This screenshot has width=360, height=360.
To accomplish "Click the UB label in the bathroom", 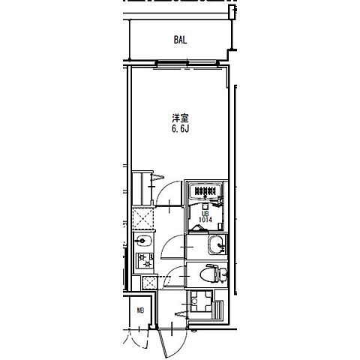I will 204,214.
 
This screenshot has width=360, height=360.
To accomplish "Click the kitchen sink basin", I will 142,241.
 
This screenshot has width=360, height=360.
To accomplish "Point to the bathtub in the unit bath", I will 205,192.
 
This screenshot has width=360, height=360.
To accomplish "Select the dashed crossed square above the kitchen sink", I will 142,218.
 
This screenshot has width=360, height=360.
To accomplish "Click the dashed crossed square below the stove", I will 148,283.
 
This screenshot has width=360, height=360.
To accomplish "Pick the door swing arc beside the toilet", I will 174,274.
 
